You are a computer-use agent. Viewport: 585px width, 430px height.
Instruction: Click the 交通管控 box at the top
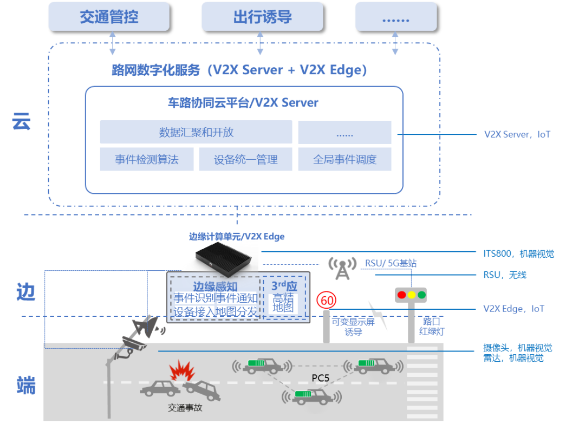pyautogui.click(x=109, y=16)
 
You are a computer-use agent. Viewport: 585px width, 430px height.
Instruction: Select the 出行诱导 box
pyautogui.click(x=262, y=16)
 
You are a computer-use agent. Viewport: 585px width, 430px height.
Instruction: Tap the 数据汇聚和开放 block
pyautogui.click(x=196, y=132)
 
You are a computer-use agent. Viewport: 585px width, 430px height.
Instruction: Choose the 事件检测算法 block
pyautogui.click(x=146, y=159)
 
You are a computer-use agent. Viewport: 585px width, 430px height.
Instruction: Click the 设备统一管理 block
pyautogui.click(x=245, y=159)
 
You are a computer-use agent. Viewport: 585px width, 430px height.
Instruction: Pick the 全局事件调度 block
pyautogui.click(x=344, y=159)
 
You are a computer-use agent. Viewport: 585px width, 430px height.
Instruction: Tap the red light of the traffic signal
pyautogui.click(x=401, y=295)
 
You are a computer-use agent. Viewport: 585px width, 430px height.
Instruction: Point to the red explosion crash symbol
pyautogui.click(x=182, y=372)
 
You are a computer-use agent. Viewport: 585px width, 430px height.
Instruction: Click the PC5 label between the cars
pyautogui.click(x=320, y=377)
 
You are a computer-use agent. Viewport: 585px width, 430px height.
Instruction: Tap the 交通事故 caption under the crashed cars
pyautogui.click(x=185, y=407)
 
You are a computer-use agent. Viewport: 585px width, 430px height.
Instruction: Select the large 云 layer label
pyautogui.click(x=22, y=121)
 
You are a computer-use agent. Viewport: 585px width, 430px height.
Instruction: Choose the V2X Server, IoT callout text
pyautogui.click(x=517, y=134)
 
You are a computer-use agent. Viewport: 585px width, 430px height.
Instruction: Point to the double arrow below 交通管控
pyautogui.click(x=113, y=43)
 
